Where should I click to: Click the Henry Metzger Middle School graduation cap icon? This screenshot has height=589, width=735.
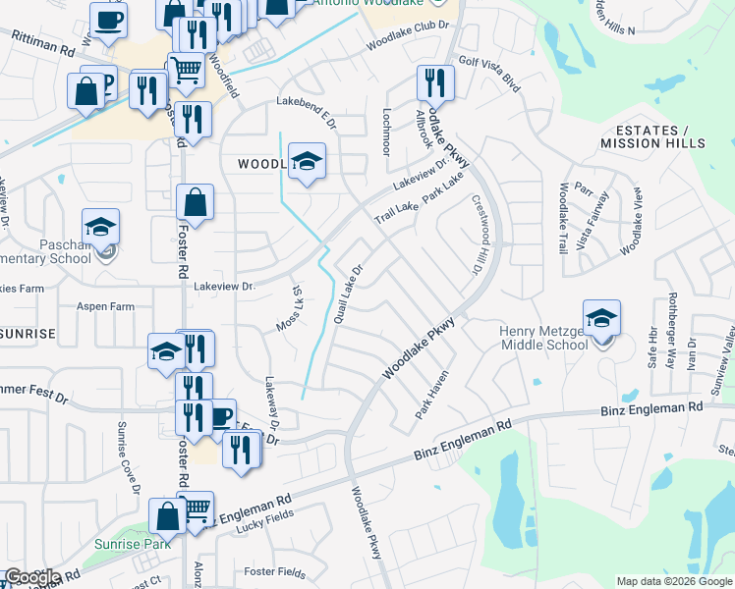coord(601,317)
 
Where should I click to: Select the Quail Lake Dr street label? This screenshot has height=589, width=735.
coord(349,294)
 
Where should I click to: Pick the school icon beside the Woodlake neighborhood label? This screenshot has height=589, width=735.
coord(307,161)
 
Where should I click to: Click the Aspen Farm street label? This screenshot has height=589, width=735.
coord(106,306)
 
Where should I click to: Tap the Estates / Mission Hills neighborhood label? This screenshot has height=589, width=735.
coord(650,136)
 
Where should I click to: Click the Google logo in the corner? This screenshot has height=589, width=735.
coord(31,577)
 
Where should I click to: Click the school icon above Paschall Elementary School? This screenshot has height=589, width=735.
coord(100,226)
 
